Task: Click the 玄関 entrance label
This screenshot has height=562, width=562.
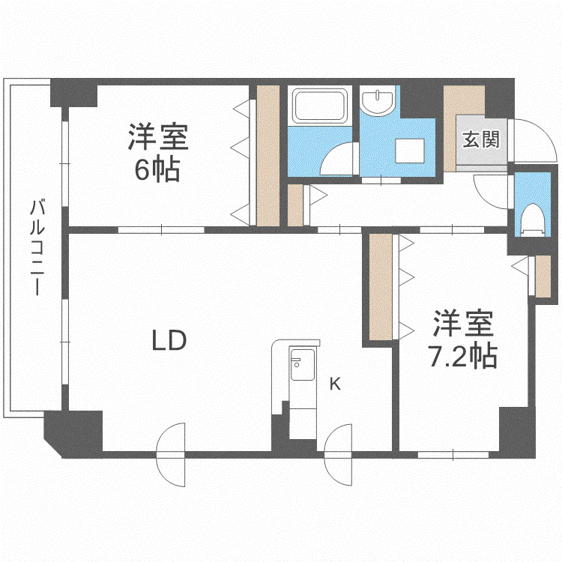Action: [480, 139]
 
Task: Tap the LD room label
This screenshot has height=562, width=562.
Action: [169, 340]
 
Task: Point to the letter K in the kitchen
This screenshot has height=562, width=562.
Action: [335, 384]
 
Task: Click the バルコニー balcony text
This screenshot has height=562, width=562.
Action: [37, 247]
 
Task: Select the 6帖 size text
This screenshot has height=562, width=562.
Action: [157, 170]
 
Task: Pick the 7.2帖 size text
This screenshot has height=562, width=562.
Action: [463, 356]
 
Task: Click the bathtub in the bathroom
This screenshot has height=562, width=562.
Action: [320, 106]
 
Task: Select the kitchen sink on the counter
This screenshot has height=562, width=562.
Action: [302, 364]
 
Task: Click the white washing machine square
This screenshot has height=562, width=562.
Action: [410, 151]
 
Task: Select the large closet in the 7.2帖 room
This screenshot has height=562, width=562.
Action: [381, 287]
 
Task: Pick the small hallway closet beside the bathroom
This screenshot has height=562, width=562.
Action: [296, 205]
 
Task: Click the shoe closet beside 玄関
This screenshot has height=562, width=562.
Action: [450, 128]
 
